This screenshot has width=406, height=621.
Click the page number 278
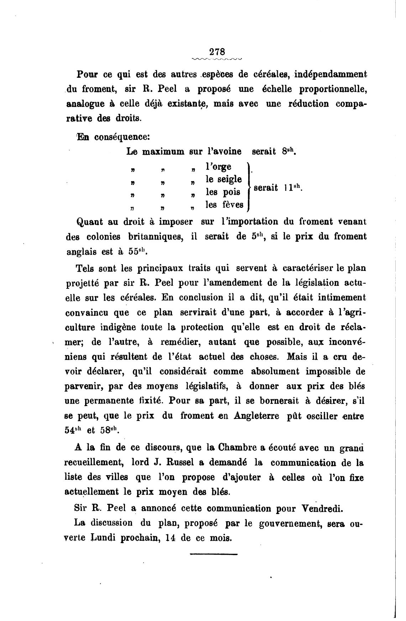217,51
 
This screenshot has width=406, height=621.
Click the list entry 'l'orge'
218,167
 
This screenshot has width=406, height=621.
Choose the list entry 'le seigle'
224,179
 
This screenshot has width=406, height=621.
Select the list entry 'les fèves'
225,205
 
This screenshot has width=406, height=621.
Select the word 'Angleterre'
256,416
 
